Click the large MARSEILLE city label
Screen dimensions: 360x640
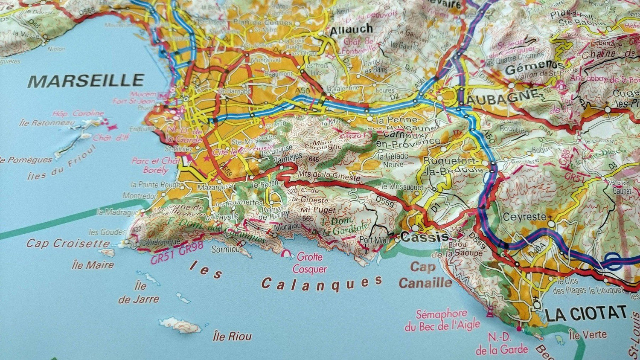click(x=86, y=81)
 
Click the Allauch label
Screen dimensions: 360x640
click(x=351, y=29)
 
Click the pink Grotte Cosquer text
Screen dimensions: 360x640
click(x=310, y=263)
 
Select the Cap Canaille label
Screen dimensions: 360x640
click(x=425, y=275)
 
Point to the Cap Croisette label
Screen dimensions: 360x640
click(x=68, y=244)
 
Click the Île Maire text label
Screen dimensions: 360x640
click(x=93, y=265)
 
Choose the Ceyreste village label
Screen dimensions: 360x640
click(x=524, y=217)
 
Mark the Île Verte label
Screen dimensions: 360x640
click(x=588, y=336)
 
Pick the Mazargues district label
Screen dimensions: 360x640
click(x=215, y=187)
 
